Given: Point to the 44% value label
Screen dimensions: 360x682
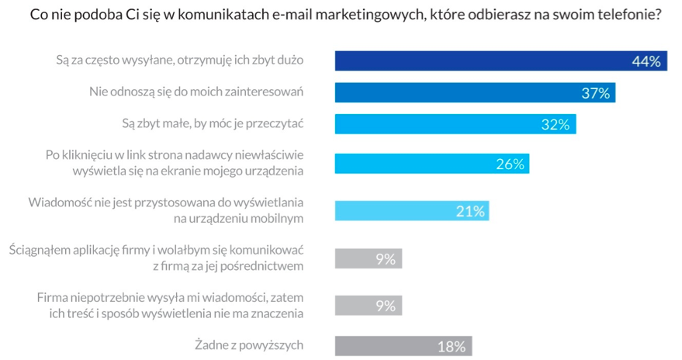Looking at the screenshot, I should (x=646, y=61).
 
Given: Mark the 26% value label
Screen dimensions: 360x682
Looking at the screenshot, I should (x=511, y=164).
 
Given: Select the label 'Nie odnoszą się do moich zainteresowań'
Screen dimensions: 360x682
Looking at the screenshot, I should (x=196, y=92).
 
